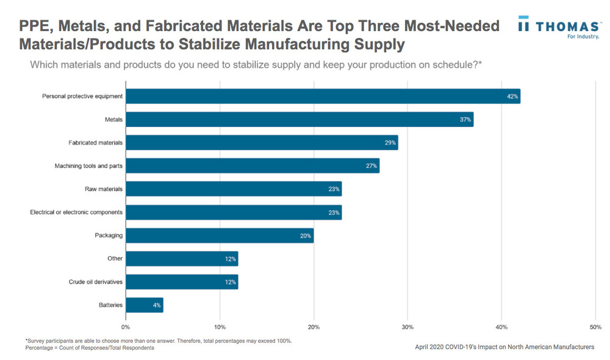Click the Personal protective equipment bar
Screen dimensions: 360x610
(323, 96)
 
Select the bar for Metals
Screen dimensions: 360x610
(300, 120)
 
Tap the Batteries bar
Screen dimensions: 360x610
(145, 305)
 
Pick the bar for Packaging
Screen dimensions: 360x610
(220, 236)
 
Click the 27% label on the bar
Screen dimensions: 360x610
(371, 166)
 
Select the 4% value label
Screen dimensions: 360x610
(157, 305)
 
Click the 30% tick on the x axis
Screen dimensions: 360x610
(407, 327)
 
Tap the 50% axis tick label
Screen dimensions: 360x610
(595, 327)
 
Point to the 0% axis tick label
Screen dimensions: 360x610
(126, 327)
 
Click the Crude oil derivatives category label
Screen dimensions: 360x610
(96, 282)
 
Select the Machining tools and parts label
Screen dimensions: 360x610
(88, 166)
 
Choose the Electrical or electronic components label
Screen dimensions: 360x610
(76, 212)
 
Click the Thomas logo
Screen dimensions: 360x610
(558, 27)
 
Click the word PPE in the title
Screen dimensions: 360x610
(38, 26)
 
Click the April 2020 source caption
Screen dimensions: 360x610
(504, 347)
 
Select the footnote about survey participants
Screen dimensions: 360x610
(159, 340)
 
